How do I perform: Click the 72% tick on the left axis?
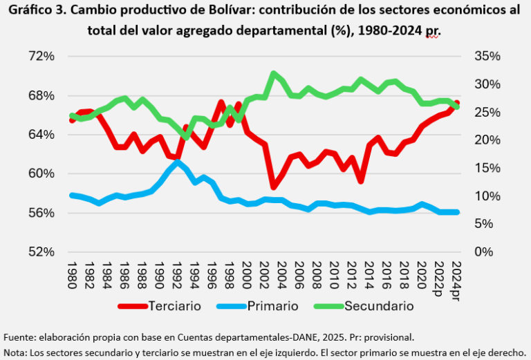[42, 56]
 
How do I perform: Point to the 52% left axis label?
[42, 252]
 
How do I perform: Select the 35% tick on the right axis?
[487, 56]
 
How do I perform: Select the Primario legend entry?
[272, 305]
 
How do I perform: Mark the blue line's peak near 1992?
[178, 162]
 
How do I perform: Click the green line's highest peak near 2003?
[274, 73]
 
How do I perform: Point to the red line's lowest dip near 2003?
[274, 187]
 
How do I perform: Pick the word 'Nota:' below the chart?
[17, 352]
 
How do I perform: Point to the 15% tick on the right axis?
[487, 168]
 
